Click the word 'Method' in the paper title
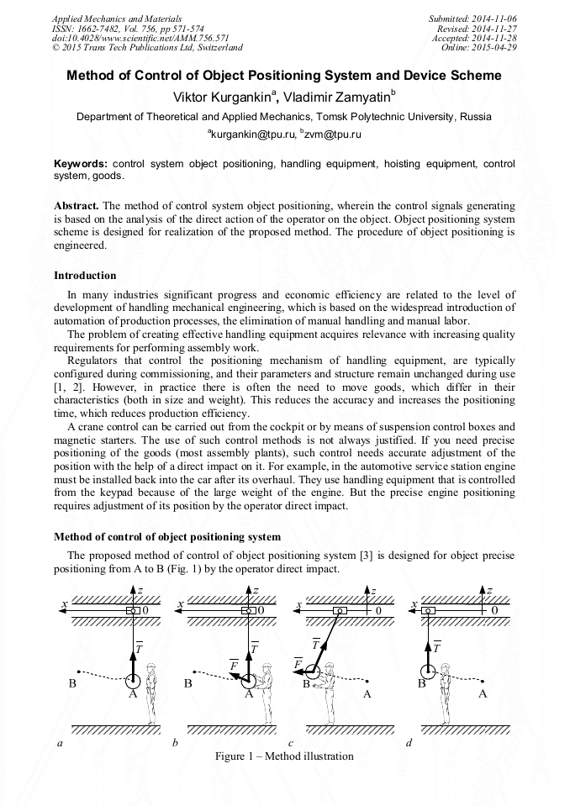click(92, 76)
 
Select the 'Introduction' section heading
click(85, 275)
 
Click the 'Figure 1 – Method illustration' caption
click(284, 756)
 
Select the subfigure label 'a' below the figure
click(59, 743)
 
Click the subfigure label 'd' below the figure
click(409, 743)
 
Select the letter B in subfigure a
click(72, 683)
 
